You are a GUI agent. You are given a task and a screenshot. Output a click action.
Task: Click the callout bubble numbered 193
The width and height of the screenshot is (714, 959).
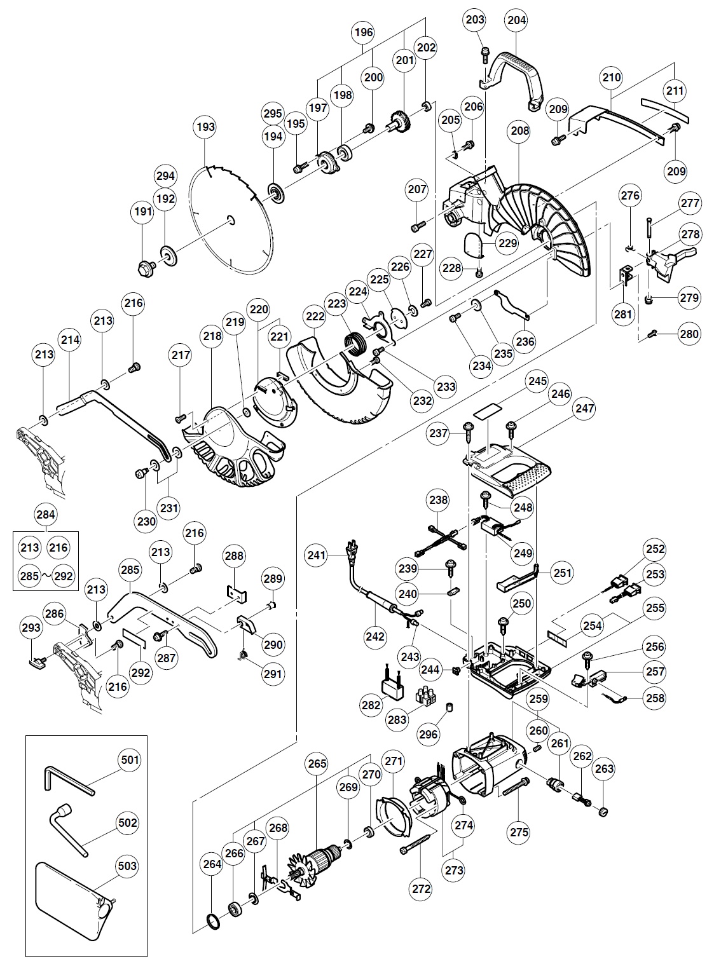pos(205,127)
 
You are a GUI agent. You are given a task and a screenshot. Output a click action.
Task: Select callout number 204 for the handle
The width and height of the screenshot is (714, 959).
pos(516,20)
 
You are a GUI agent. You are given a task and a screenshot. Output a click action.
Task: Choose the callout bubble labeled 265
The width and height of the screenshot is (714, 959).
pos(316,763)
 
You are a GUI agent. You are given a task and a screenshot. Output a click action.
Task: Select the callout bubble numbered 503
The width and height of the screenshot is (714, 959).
pos(128,866)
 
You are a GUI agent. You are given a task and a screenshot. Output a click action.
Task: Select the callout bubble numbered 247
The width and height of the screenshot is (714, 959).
pos(586,408)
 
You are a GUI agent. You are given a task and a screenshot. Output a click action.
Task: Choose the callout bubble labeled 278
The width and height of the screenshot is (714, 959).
pos(688,235)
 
